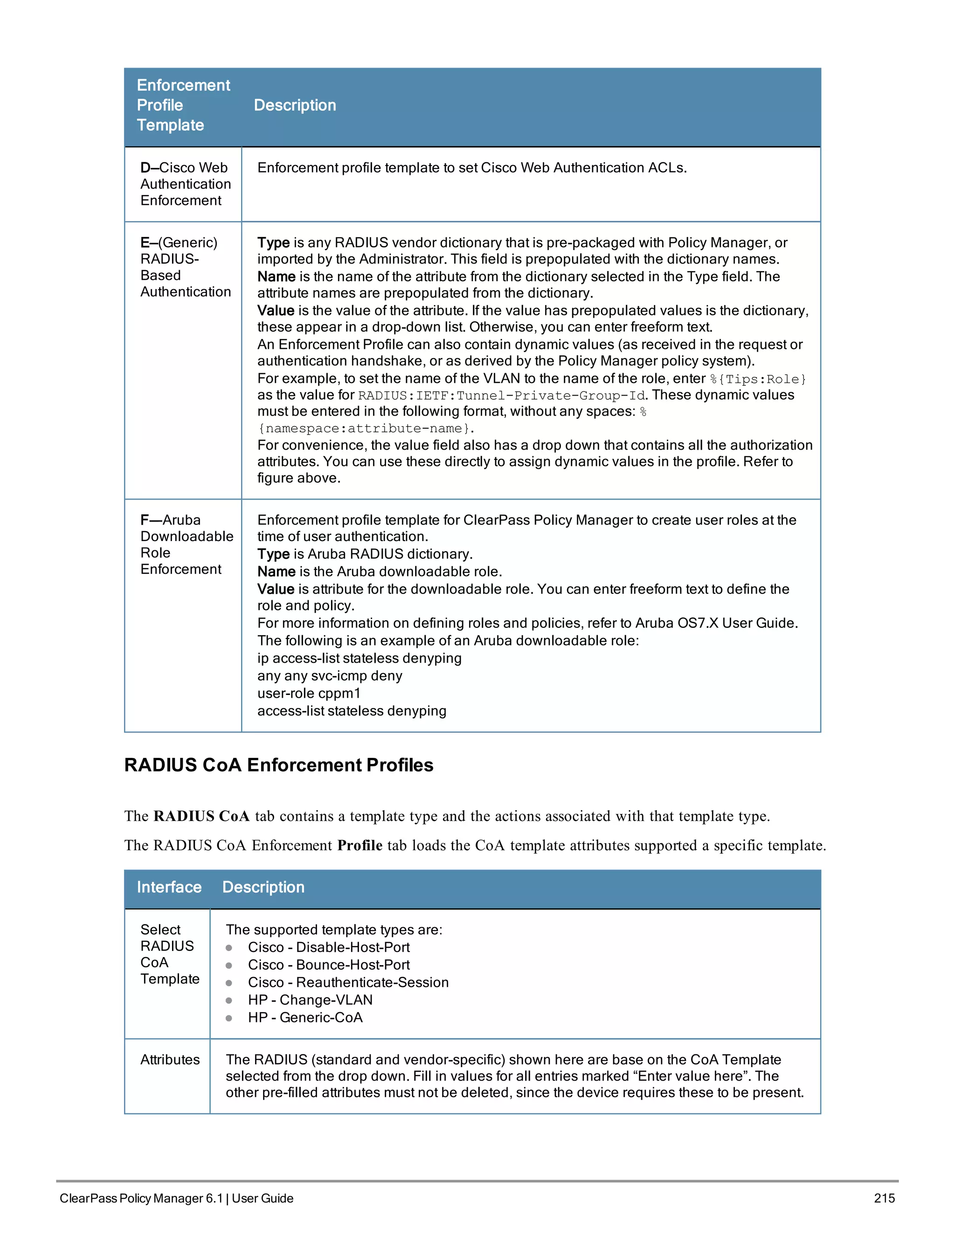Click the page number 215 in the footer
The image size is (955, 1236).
coord(884,1198)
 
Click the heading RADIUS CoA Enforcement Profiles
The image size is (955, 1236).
coord(278,765)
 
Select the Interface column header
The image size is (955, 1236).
coord(169,887)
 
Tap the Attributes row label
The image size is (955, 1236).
coord(170,1059)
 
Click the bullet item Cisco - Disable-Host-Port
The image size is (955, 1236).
coord(328,947)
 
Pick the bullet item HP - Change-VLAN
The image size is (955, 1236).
coord(310,1000)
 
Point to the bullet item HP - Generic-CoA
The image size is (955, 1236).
coord(305,1018)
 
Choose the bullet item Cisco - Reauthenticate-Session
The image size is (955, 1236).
coord(348,982)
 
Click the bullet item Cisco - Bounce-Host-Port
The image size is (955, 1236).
coord(328,965)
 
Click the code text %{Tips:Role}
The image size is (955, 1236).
coord(758,379)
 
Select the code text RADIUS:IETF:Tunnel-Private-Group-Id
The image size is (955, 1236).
coord(501,396)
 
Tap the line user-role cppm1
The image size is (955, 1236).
coord(308,693)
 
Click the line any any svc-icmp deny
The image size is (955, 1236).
coord(329,676)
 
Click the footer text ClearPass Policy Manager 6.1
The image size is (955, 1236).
coord(141,1198)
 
